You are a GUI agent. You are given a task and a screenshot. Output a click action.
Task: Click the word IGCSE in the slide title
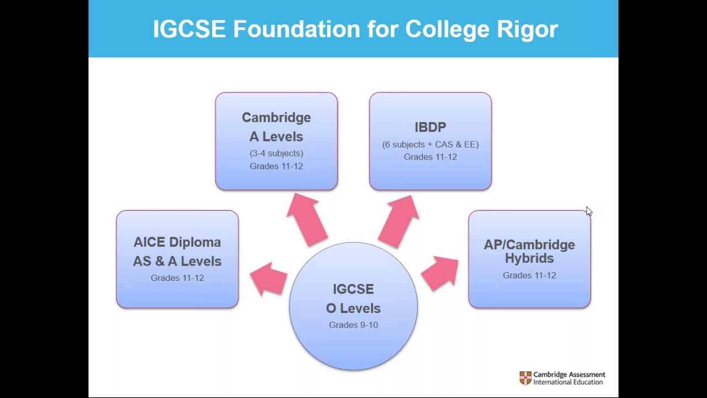point(189,29)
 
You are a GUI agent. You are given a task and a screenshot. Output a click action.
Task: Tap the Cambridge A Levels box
point(276,142)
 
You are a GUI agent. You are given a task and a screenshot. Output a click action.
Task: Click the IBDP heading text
point(430,127)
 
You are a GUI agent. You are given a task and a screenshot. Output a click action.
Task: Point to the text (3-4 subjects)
point(276,153)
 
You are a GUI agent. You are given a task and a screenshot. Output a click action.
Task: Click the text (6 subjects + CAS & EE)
point(430,144)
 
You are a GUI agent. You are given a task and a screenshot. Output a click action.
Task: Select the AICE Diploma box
point(177,259)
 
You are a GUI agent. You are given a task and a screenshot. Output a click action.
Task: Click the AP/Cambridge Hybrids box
point(529,259)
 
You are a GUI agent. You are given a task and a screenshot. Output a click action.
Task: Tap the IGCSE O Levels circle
point(353,306)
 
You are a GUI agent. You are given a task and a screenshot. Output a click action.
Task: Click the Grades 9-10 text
point(353,325)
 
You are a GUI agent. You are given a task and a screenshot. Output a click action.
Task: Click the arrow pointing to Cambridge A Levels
point(307,219)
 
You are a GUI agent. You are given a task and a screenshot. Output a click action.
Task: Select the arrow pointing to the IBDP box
point(399,219)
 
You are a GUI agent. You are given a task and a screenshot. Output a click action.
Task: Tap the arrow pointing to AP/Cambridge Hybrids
point(441,273)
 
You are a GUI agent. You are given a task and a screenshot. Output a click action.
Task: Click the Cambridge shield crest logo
point(525,378)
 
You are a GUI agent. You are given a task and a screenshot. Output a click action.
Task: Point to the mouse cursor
point(588,211)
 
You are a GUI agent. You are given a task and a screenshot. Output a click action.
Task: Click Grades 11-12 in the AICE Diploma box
point(177,278)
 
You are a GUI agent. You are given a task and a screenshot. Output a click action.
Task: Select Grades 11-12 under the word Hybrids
point(529,275)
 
